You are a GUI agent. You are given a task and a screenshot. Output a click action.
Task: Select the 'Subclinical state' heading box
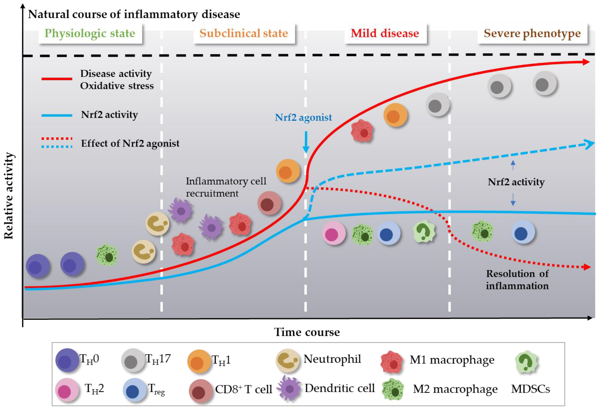(x=244, y=33)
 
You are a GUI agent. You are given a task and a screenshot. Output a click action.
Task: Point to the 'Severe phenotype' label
(x=532, y=33)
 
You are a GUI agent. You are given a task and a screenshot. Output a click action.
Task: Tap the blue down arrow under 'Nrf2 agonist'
(x=306, y=143)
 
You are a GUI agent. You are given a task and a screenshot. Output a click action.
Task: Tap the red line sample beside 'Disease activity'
(x=57, y=79)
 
